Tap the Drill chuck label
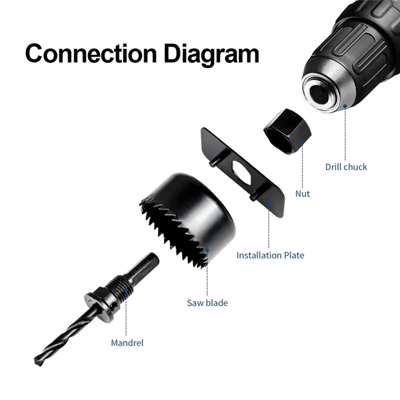[346, 167]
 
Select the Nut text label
[302, 193]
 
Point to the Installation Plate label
[270, 255]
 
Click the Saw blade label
[207, 302]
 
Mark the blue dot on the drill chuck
[345, 106]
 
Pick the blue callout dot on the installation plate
[269, 202]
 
